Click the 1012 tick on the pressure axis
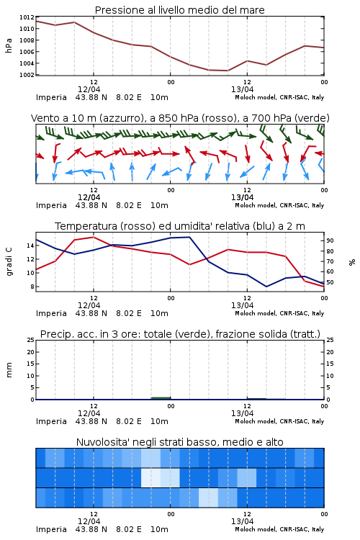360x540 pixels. click(27, 17)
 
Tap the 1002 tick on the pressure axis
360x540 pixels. click(27, 75)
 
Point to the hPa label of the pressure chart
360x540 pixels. click(9, 45)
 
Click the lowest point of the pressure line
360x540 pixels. click(228, 71)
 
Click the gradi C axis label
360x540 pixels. click(9, 262)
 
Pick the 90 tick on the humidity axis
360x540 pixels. click(330, 240)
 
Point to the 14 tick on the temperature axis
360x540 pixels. click(31, 246)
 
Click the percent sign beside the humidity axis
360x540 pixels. click(352, 262)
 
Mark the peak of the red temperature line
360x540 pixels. click(94, 237)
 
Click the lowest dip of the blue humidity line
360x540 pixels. click(266, 287)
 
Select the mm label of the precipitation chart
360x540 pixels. click(9, 370)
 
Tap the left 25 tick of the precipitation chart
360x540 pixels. click(31, 341)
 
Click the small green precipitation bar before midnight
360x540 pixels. click(161, 398)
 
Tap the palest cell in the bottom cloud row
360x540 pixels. click(208, 498)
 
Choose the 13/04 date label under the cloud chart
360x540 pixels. click(242, 521)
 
